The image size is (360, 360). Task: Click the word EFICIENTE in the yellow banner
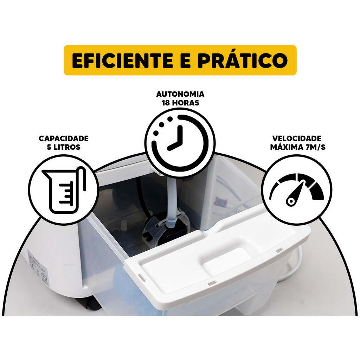[x=122, y=60]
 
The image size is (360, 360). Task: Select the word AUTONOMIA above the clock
[x=180, y=94]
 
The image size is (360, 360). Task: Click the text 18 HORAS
[x=180, y=103]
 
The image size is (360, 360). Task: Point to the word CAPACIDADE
[x=64, y=139]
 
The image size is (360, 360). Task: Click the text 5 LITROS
[x=64, y=147]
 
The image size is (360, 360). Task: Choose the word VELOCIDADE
[x=297, y=139]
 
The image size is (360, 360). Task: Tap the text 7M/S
[x=316, y=147]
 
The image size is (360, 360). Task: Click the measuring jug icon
[x=64, y=190]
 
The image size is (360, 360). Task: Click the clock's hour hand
[x=174, y=146]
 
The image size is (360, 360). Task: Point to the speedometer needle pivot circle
[x=291, y=201]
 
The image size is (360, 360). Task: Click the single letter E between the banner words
[x=186, y=60]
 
